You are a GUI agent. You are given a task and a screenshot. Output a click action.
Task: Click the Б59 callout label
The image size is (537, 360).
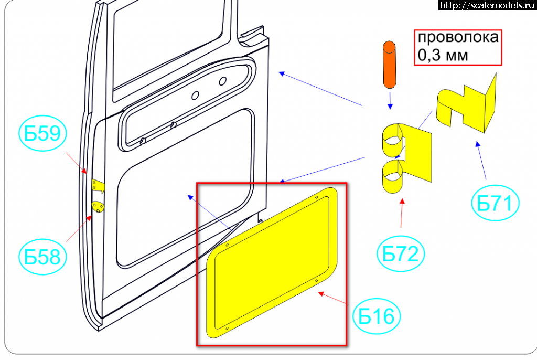pyautogui.click(x=42, y=133)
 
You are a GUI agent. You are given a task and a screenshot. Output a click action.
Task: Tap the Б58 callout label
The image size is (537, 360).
pyautogui.click(x=42, y=257)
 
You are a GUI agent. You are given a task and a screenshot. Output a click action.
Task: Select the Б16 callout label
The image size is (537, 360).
pyautogui.click(x=377, y=316)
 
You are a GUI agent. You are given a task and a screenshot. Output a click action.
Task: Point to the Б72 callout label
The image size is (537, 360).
pyautogui.click(x=400, y=253)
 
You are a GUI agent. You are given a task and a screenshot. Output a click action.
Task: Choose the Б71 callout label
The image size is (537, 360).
pyautogui.click(x=495, y=203)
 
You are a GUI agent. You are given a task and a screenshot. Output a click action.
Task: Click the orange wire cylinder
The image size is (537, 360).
pyautogui.click(x=389, y=65)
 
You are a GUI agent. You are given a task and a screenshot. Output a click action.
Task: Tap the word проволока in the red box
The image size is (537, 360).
pyautogui.click(x=458, y=37)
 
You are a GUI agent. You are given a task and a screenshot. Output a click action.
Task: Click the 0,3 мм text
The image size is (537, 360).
pyautogui.click(x=443, y=55)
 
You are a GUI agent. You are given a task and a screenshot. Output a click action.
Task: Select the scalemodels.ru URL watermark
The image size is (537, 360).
pyautogui.click(x=487, y=5)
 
